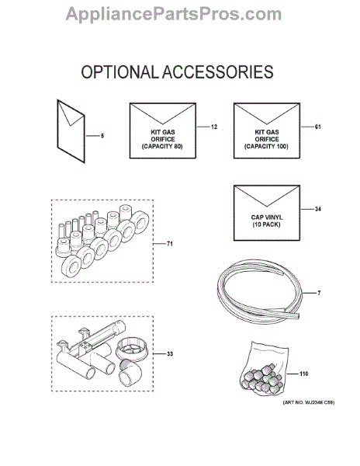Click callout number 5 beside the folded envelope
pyautogui.click(x=102, y=136)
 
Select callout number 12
pyautogui.click(x=214, y=127)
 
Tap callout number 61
pyautogui.click(x=318, y=127)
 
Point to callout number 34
pyautogui.click(x=318, y=209)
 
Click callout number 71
pyautogui.click(x=169, y=244)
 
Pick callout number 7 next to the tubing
pyautogui.click(x=319, y=293)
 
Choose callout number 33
pyautogui.click(x=169, y=354)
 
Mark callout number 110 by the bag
pyautogui.click(x=304, y=374)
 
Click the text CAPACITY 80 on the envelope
pyautogui.click(x=162, y=147)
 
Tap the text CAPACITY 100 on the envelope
pyautogui.click(x=266, y=147)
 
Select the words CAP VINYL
pyautogui.click(x=267, y=217)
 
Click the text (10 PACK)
pyautogui.click(x=267, y=224)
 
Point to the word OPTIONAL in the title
pyautogui.click(x=120, y=72)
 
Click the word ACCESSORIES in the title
pyautogui.click(x=218, y=72)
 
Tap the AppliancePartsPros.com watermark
pyautogui.click(x=174, y=14)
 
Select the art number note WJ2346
pyautogui.click(x=309, y=402)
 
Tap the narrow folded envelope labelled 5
pyautogui.click(x=71, y=131)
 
